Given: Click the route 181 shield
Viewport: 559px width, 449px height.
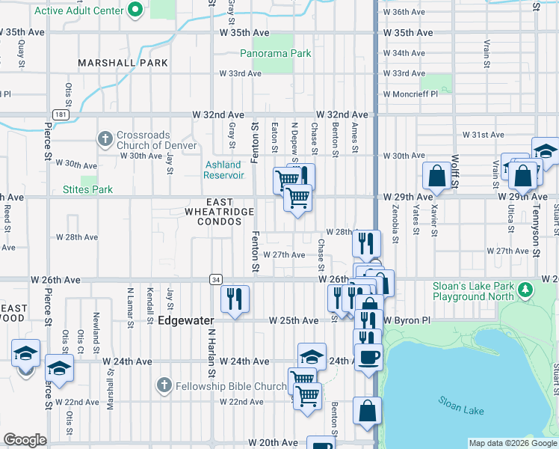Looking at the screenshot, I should [x=61, y=114].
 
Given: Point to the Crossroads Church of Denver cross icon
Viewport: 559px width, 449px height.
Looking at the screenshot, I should [x=105, y=139].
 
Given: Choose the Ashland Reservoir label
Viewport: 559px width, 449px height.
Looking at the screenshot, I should [x=223, y=170].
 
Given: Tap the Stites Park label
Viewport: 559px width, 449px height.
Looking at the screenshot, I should [x=88, y=190].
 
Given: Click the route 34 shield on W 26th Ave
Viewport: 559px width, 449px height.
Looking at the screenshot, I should [x=214, y=278].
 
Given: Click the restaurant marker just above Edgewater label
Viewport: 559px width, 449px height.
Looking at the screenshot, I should [x=235, y=299].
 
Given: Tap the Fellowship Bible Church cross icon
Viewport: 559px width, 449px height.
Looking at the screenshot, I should [x=164, y=386].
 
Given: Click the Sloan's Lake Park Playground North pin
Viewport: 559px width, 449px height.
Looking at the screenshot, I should [x=526, y=288].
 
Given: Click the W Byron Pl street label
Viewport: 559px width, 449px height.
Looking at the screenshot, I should [x=407, y=320].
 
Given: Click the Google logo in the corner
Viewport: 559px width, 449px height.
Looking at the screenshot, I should [x=25, y=441].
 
